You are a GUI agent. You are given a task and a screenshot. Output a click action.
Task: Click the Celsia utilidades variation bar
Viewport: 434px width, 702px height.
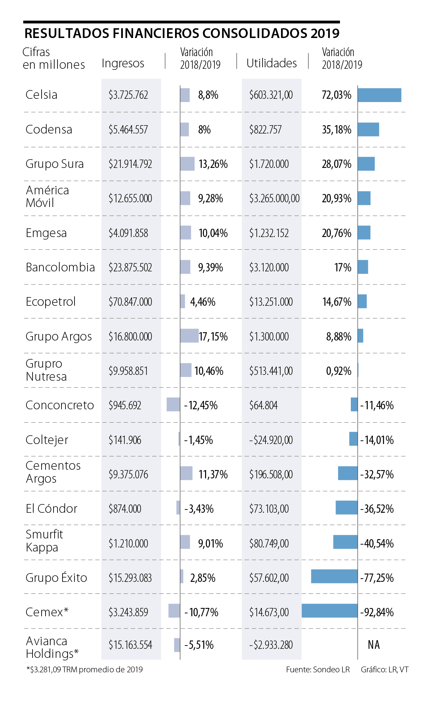click(379, 95)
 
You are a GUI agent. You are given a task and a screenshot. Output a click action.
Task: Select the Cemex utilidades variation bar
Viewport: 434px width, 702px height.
click(329, 611)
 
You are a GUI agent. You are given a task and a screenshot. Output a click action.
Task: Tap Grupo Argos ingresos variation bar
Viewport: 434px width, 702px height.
click(189, 336)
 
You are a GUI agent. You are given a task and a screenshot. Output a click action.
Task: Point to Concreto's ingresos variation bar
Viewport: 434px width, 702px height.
click(173, 405)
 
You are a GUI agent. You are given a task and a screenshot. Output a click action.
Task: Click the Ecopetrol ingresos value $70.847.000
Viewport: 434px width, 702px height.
click(130, 302)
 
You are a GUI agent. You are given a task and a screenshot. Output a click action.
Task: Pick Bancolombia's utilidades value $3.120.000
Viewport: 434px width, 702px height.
click(269, 267)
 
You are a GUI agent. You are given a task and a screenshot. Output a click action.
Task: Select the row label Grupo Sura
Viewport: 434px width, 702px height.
click(55, 164)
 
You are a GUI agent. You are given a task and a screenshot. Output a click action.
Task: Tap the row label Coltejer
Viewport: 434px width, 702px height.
click(47, 440)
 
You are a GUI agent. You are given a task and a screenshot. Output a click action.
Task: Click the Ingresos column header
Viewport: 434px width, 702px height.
click(123, 63)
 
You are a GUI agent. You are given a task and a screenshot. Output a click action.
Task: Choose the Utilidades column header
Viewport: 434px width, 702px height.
click(272, 63)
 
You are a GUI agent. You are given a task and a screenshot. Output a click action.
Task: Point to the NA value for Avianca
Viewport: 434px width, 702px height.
click(374, 645)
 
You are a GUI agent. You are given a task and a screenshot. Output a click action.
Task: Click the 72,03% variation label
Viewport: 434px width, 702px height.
click(336, 95)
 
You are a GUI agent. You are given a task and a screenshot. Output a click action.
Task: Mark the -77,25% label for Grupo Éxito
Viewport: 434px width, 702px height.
click(377, 578)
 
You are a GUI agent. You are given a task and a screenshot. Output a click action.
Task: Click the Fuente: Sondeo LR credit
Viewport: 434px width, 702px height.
click(318, 670)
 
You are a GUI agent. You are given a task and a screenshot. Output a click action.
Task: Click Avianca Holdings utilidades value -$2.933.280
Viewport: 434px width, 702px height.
click(271, 645)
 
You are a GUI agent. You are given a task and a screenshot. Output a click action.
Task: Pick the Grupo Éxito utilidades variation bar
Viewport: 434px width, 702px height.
click(334, 576)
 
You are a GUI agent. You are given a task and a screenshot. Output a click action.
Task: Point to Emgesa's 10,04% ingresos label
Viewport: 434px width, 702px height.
click(213, 233)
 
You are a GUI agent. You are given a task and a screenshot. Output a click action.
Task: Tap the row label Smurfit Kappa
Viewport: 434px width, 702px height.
click(44, 541)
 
